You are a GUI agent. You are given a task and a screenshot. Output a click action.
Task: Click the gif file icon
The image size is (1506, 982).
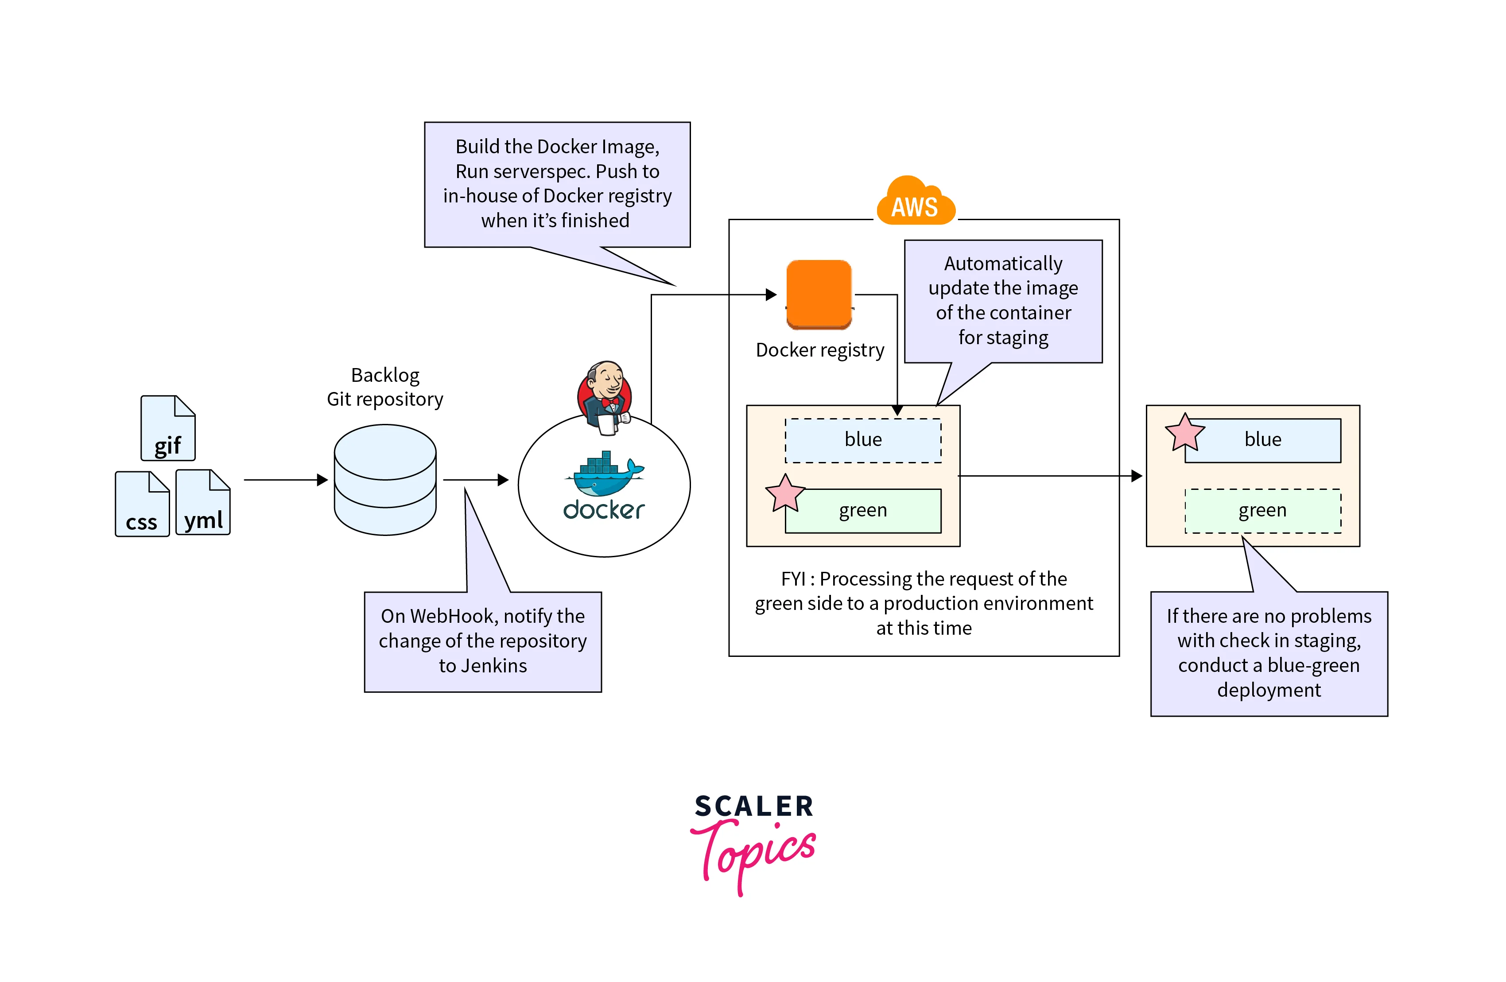(168, 428)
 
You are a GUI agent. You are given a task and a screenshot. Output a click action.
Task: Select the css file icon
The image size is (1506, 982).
(142, 504)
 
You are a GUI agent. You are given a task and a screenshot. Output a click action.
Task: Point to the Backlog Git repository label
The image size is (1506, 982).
(385, 387)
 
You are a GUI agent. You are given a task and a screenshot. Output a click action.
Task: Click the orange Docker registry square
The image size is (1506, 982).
(819, 294)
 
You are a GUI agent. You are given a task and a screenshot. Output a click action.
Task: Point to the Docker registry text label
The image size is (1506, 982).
(820, 350)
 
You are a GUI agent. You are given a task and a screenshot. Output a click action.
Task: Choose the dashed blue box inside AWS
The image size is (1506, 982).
(863, 440)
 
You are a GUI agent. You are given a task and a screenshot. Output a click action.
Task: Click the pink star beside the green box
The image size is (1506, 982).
(784, 493)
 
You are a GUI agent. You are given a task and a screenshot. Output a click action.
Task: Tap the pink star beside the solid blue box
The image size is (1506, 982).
(1184, 433)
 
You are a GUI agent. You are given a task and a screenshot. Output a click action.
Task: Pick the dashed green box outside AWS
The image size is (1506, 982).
(1262, 511)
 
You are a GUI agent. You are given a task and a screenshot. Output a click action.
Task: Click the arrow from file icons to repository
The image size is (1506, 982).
(285, 480)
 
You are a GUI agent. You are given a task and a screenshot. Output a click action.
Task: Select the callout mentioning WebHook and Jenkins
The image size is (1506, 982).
(483, 641)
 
